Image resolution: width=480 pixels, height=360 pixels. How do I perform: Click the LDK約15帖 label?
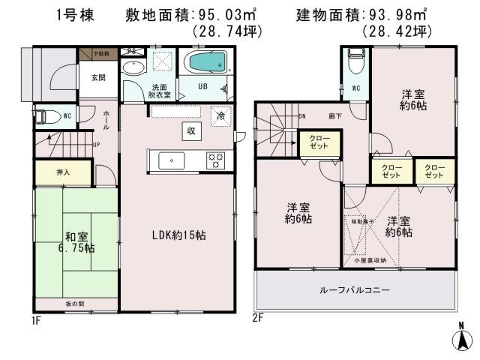point(178,235)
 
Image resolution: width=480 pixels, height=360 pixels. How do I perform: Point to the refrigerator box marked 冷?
point(221,116)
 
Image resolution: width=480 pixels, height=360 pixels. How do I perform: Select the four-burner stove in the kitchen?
point(215,160)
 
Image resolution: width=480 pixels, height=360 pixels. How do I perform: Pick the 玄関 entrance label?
point(97,78)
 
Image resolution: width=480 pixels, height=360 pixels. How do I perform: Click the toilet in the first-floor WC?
point(46,117)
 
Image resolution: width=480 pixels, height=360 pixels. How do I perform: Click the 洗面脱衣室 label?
point(160,92)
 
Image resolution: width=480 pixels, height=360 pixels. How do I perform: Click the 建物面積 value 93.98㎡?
point(394,14)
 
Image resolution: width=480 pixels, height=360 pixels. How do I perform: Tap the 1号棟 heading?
point(73,14)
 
